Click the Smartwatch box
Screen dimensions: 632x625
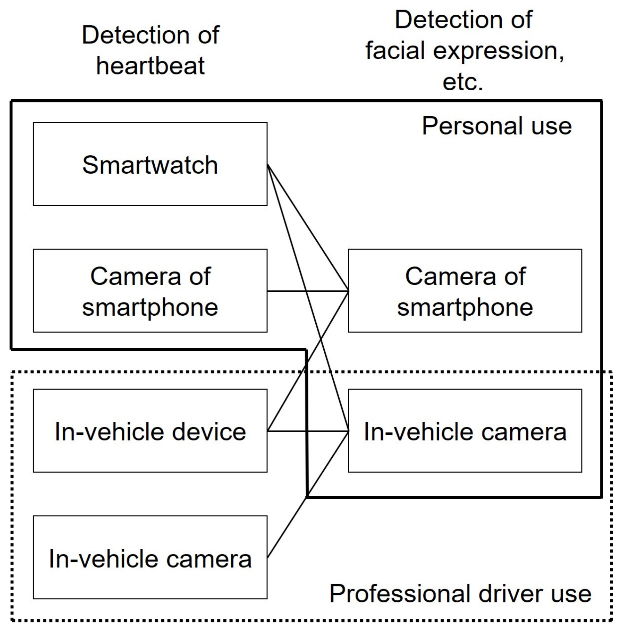[x=150, y=190]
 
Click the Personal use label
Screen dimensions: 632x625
[x=496, y=126]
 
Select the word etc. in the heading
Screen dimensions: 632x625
[x=463, y=82]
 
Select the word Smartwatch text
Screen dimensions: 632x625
[x=150, y=165]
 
